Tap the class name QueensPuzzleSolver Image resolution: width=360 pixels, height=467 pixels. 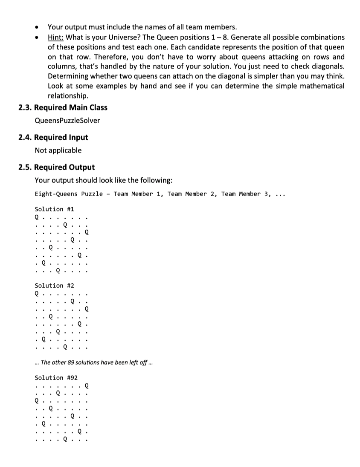click(67, 120)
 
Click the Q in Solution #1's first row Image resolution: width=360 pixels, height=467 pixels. click(37, 217)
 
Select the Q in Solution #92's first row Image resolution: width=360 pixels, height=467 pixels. click(87, 386)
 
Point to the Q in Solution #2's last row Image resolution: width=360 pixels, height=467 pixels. click(65, 347)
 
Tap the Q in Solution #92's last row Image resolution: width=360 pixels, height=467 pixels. click(65, 439)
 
